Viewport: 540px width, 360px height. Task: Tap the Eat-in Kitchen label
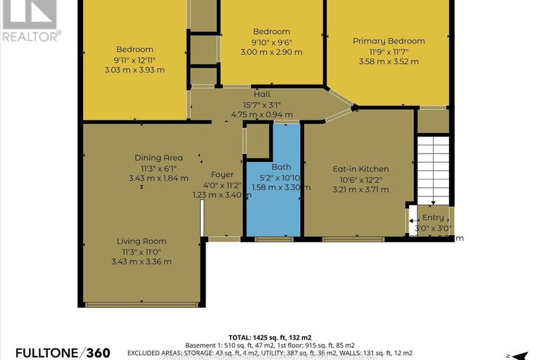tap(360, 169)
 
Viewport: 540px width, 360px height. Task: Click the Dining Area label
tap(158, 158)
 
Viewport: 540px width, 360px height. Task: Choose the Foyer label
tap(222, 175)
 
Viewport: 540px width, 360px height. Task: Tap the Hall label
tap(261, 94)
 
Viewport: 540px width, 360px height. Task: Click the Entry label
tap(432, 218)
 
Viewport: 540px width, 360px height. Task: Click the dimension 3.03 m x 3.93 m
tap(134, 70)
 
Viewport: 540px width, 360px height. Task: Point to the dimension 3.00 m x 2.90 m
tap(271, 52)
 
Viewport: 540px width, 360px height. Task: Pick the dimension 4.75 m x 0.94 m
tap(261, 115)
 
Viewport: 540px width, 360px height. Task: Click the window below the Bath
tap(265, 240)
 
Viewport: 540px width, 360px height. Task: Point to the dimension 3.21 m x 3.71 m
tap(360, 190)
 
